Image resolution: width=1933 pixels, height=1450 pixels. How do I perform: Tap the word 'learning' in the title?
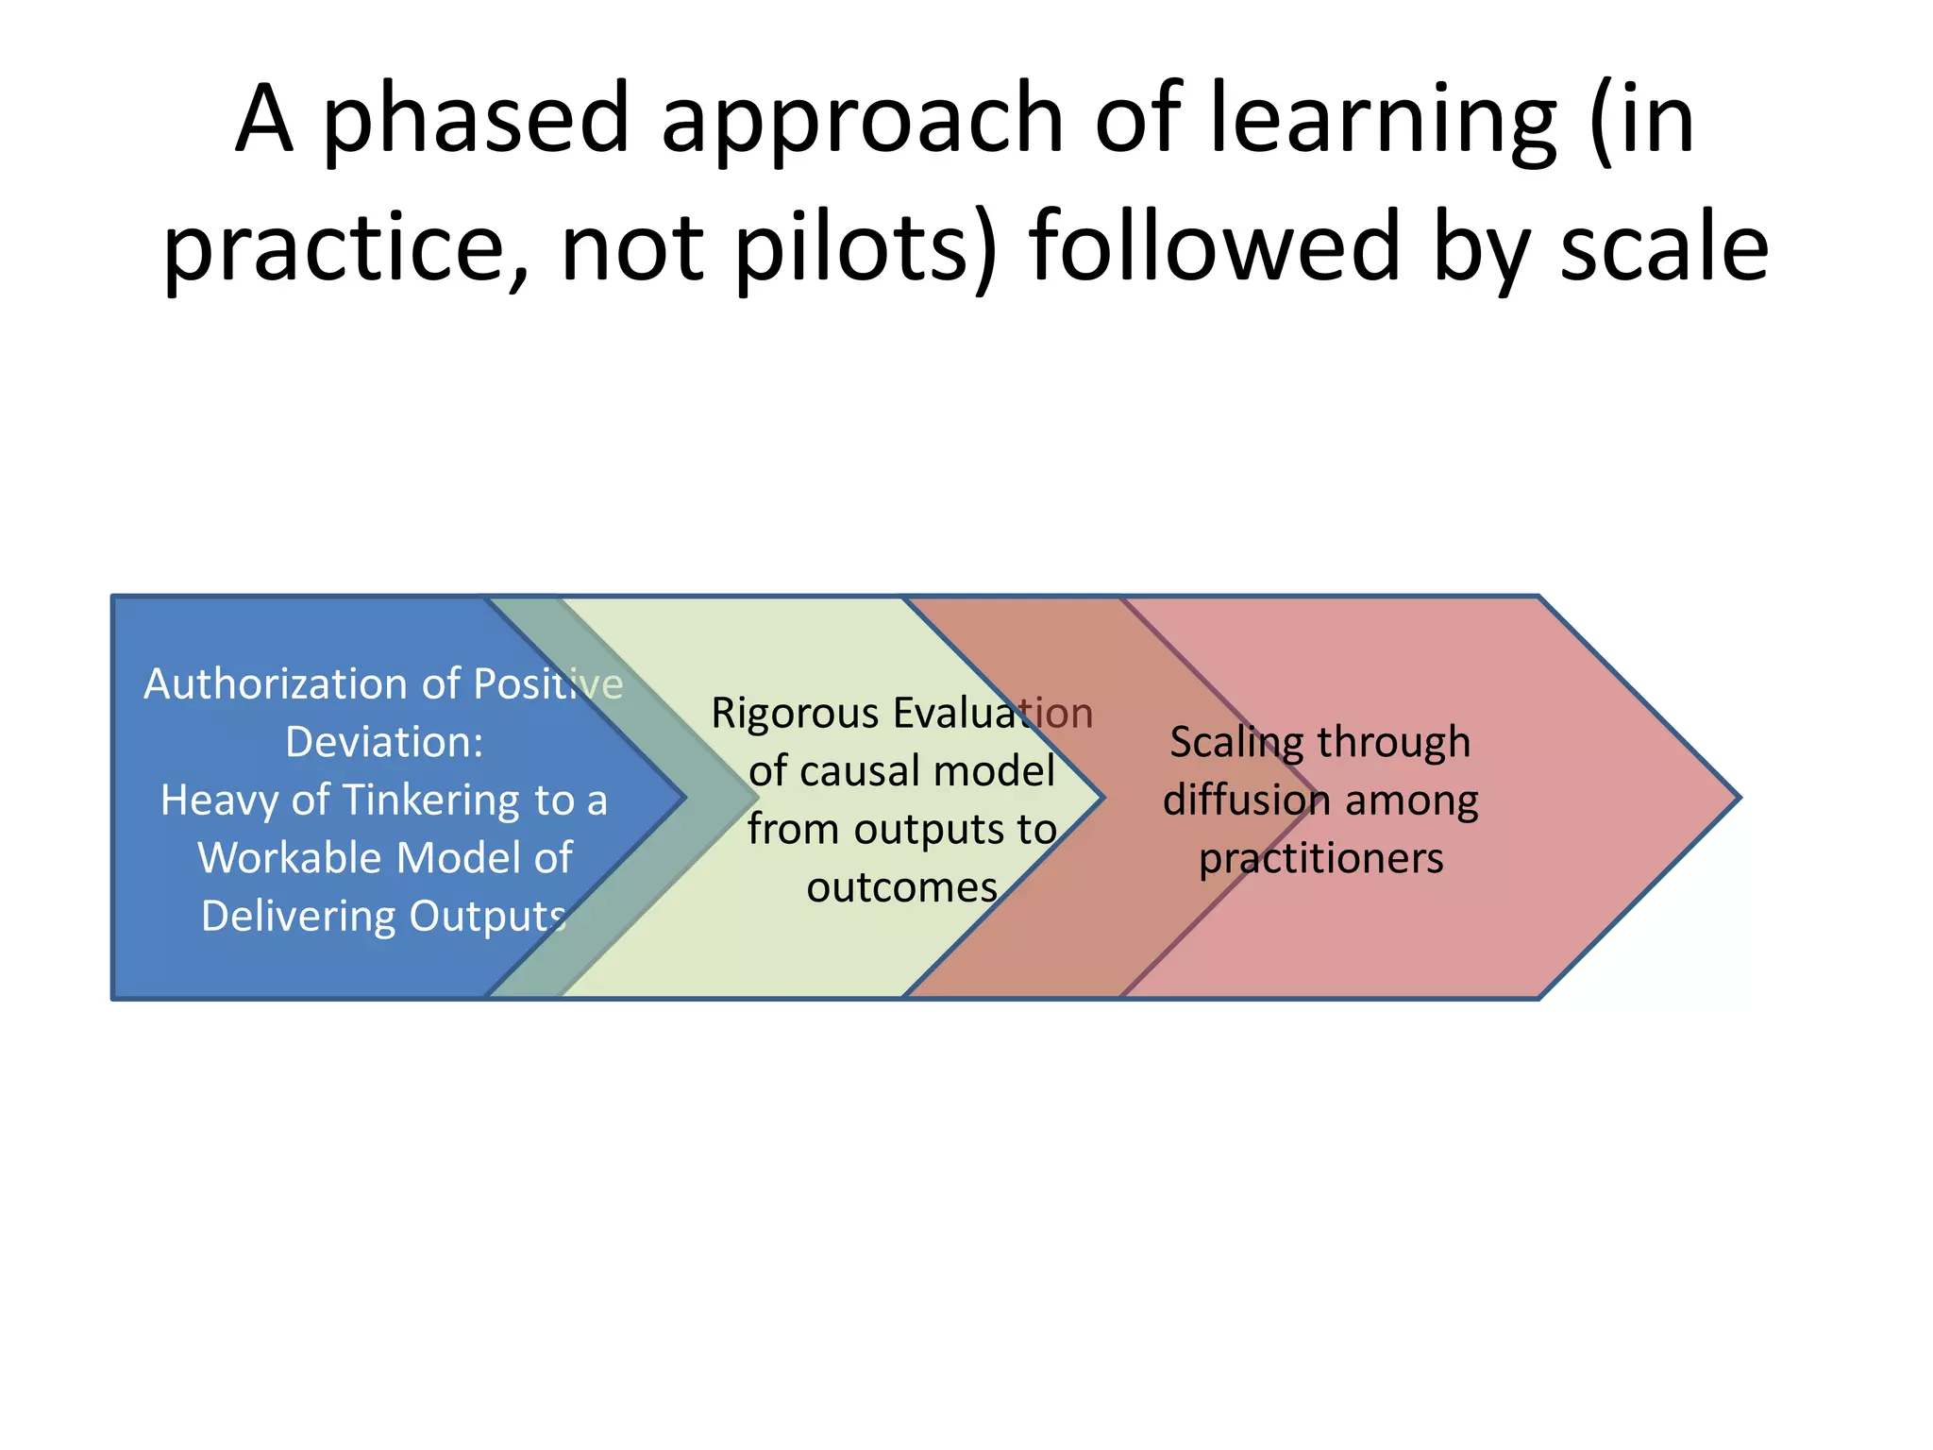[1382, 121]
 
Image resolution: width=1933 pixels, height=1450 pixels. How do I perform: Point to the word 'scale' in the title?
[1664, 247]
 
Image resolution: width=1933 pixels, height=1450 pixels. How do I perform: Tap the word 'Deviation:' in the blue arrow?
[384, 742]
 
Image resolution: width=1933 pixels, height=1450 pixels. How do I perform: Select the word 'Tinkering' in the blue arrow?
[431, 801]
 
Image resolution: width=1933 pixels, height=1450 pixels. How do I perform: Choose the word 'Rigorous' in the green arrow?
[796, 713]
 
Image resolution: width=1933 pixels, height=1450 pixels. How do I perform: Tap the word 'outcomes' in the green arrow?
[902, 887]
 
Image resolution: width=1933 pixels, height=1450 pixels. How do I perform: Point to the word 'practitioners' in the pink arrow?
[1320, 859]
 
